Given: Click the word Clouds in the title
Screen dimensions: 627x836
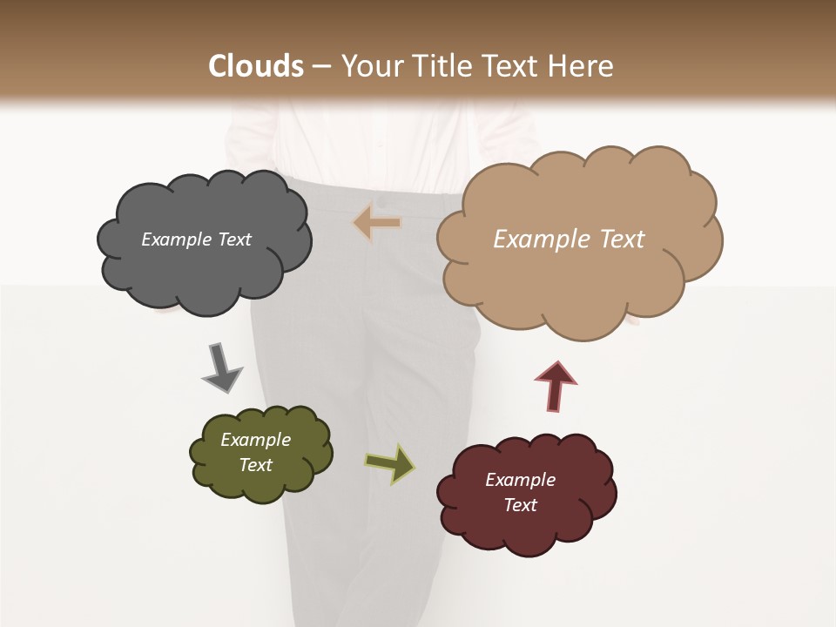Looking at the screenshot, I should point(256,66).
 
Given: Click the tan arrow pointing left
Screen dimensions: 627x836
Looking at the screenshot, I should point(377,223).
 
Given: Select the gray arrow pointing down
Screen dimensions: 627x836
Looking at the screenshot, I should point(221,367).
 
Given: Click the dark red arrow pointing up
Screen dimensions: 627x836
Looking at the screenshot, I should point(556,385).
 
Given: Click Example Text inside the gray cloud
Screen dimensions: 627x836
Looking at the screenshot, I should point(196,239).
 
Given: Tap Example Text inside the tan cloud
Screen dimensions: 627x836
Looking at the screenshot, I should point(569,239).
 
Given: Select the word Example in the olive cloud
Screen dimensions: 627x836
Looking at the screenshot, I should point(255,440).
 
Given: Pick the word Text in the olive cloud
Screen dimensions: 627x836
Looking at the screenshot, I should point(256,465).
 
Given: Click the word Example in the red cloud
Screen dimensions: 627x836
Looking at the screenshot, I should point(520,480).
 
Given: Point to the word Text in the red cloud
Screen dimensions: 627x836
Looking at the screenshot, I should point(521,505).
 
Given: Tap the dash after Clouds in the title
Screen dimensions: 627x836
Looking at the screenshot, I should point(320,67).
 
